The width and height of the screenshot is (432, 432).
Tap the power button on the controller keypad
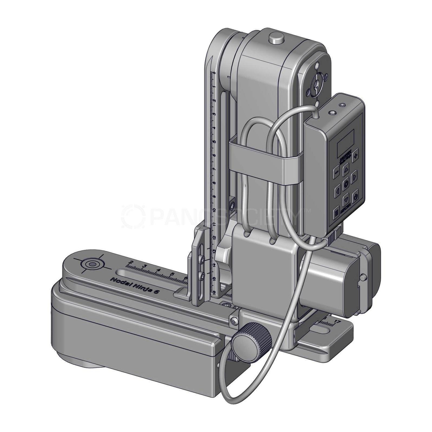click(355, 196)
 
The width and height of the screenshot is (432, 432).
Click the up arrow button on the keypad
click(346, 170)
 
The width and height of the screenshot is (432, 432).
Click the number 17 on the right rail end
click(337, 321)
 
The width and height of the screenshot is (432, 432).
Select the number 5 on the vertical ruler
click(214, 142)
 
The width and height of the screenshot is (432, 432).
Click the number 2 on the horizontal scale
click(131, 262)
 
